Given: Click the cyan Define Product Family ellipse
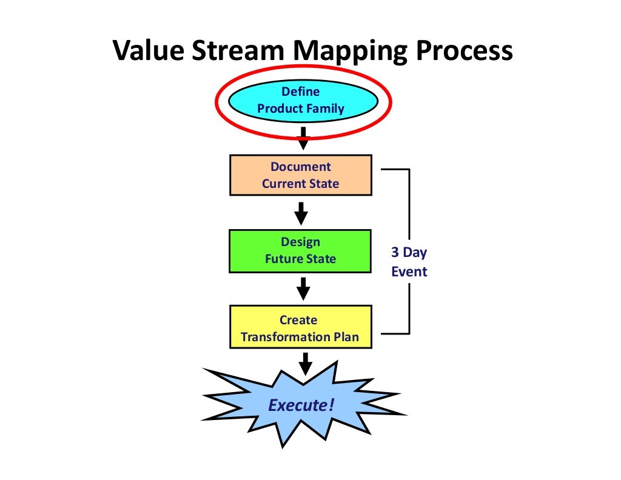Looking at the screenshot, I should point(301,100).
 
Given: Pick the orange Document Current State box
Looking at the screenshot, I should point(301,175).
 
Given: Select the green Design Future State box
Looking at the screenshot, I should point(301,250).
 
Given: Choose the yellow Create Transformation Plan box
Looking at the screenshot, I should point(301,327).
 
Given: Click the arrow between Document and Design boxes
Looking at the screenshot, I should point(301,213).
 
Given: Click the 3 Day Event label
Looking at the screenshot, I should point(409,262).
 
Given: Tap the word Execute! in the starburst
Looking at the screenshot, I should point(301,404).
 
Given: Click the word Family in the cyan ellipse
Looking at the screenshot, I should point(326,108).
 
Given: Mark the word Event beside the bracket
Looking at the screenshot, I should point(409,271).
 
